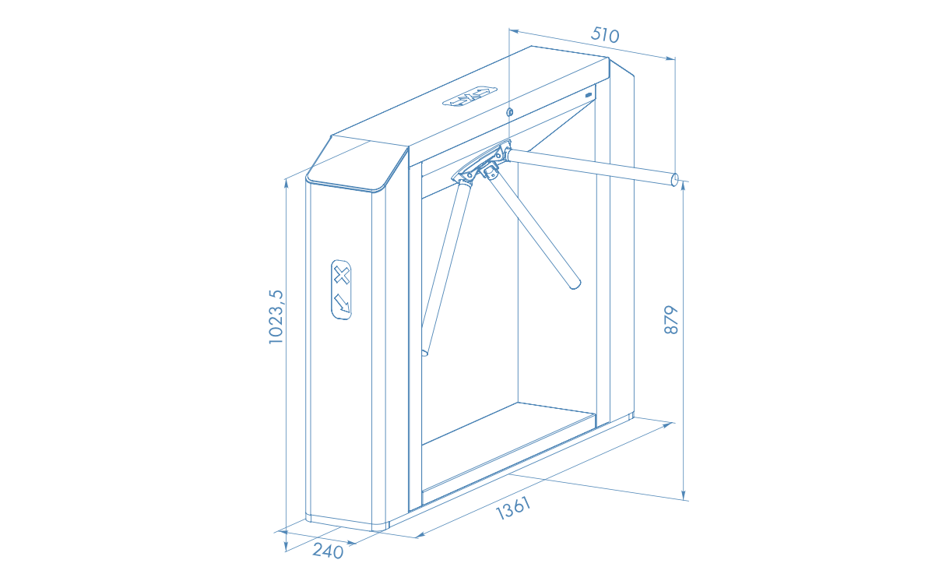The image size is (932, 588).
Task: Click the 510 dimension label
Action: pos(605,35)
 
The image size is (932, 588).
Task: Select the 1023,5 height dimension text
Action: pos(276,317)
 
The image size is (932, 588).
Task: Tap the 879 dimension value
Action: pos(670,320)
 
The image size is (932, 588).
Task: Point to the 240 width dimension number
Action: pos(328,551)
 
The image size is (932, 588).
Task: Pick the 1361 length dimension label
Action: pos(512,509)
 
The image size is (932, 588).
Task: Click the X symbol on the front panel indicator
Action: pos(341,275)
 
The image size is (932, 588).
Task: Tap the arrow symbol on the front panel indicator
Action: pos(341,303)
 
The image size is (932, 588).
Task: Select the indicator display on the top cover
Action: pos(470,97)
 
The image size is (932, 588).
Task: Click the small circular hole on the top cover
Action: pos(509,112)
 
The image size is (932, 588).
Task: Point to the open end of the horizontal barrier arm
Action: pos(674,179)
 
